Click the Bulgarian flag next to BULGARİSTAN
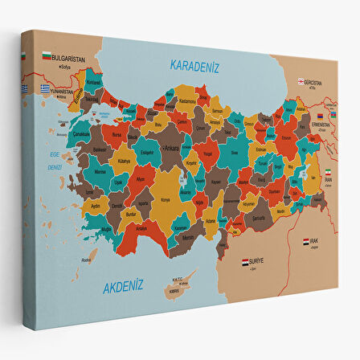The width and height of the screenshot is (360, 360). click(47, 56)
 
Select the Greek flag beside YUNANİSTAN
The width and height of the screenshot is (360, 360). click(25, 88)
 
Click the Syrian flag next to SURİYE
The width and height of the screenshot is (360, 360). click(245, 262)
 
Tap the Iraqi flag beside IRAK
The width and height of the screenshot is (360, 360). click(306, 241)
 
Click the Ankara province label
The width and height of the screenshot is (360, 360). click(171, 149)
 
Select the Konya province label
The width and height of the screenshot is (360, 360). click(166, 199)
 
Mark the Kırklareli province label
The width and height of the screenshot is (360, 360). click(94, 83)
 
